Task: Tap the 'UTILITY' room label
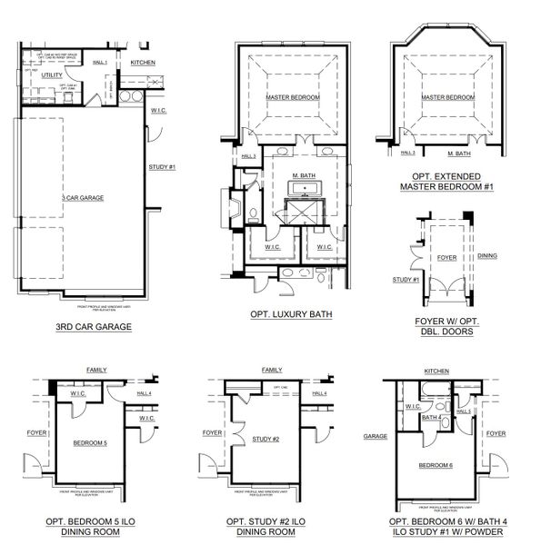coord(51,75)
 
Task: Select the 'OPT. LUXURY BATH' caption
coord(291,314)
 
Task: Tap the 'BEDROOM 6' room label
coord(436,465)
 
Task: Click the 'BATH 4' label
coord(436,419)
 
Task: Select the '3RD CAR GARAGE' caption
coord(95,325)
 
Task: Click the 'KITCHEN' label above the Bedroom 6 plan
coord(436,372)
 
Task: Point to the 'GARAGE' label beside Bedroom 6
coord(375,436)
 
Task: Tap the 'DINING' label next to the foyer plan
coord(487,256)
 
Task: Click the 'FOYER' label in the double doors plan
coord(446,257)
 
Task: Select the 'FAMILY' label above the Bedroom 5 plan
coord(95,371)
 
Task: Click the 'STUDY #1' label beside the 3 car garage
coord(161,167)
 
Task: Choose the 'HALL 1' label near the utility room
coord(100,63)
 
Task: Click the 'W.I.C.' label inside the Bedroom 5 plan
coord(77,394)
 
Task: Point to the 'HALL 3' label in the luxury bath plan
coord(247,156)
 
